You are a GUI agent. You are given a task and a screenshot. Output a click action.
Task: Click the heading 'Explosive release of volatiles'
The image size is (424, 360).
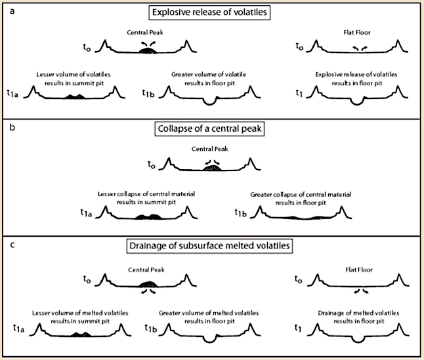click(x=211, y=12)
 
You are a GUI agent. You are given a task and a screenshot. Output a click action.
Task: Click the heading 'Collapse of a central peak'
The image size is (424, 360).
click(x=211, y=128)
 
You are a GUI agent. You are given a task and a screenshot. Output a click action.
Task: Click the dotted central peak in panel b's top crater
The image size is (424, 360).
click(x=211, y=169)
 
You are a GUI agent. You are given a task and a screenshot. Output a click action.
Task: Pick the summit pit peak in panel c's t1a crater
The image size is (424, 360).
click(x=80, y=334)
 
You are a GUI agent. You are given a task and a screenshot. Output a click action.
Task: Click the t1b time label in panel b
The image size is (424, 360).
click(x=242, y=212)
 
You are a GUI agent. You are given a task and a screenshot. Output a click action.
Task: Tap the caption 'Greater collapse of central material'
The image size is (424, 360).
click(x=301, y=195)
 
